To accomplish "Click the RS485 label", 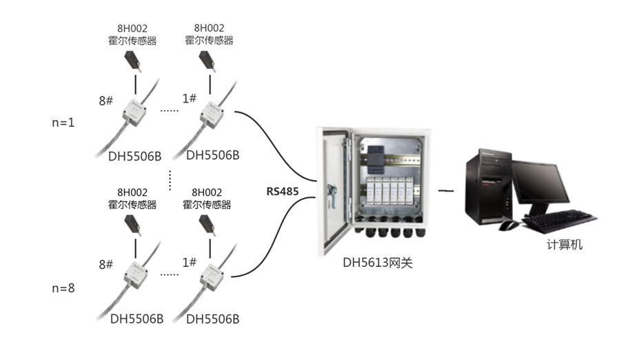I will (x=283, y=191).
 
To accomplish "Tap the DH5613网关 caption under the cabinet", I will (x=378, y=262).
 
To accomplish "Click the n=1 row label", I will (x=64, y=122).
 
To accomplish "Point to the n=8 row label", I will (x=64, y=288).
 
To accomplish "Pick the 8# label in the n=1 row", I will (x=105, y=101).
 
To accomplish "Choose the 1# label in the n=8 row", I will (x=190, y=263).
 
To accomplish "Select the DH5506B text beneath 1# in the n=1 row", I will (x=213, y=155).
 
